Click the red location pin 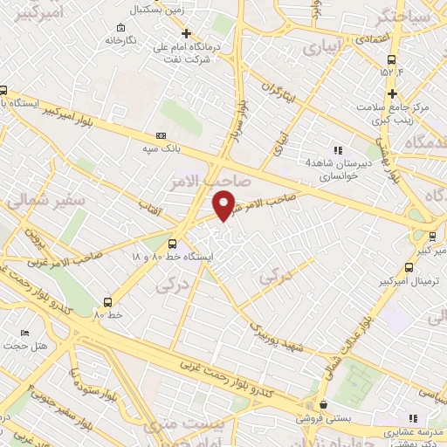(223, 204)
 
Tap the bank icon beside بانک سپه (161, 136)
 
